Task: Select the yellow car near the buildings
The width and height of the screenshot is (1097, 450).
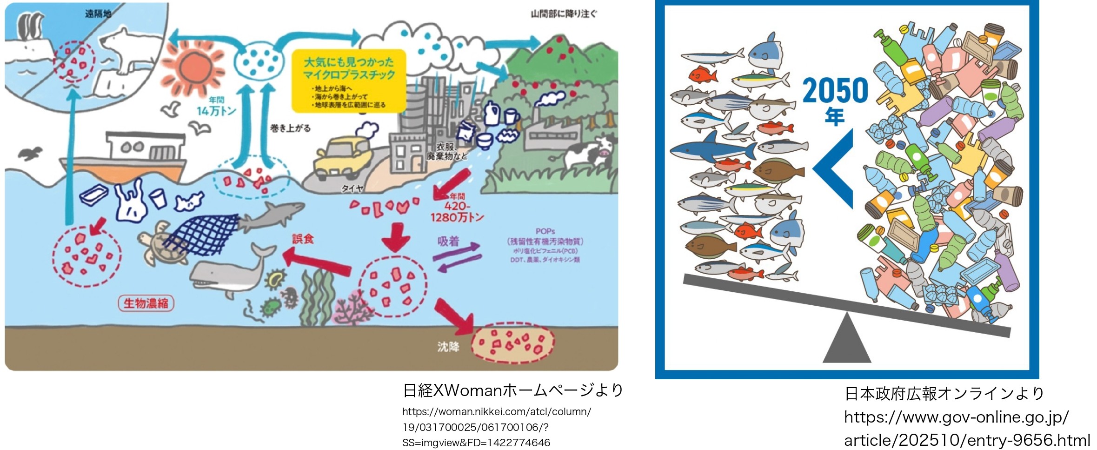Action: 341,156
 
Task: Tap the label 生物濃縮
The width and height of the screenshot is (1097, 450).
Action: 146,303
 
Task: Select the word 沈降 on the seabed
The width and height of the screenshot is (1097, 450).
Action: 448,347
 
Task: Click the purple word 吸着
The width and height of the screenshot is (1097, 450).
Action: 448,241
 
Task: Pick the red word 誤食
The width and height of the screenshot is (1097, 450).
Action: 303,239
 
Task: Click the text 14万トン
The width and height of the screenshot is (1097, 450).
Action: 216,111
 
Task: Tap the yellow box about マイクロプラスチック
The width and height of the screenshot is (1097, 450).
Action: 349,81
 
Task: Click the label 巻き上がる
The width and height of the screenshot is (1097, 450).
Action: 290,128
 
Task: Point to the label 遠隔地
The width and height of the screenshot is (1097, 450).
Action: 98,14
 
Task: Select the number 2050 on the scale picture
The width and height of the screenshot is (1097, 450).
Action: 835,90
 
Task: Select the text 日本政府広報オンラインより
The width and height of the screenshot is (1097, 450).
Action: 944,394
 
